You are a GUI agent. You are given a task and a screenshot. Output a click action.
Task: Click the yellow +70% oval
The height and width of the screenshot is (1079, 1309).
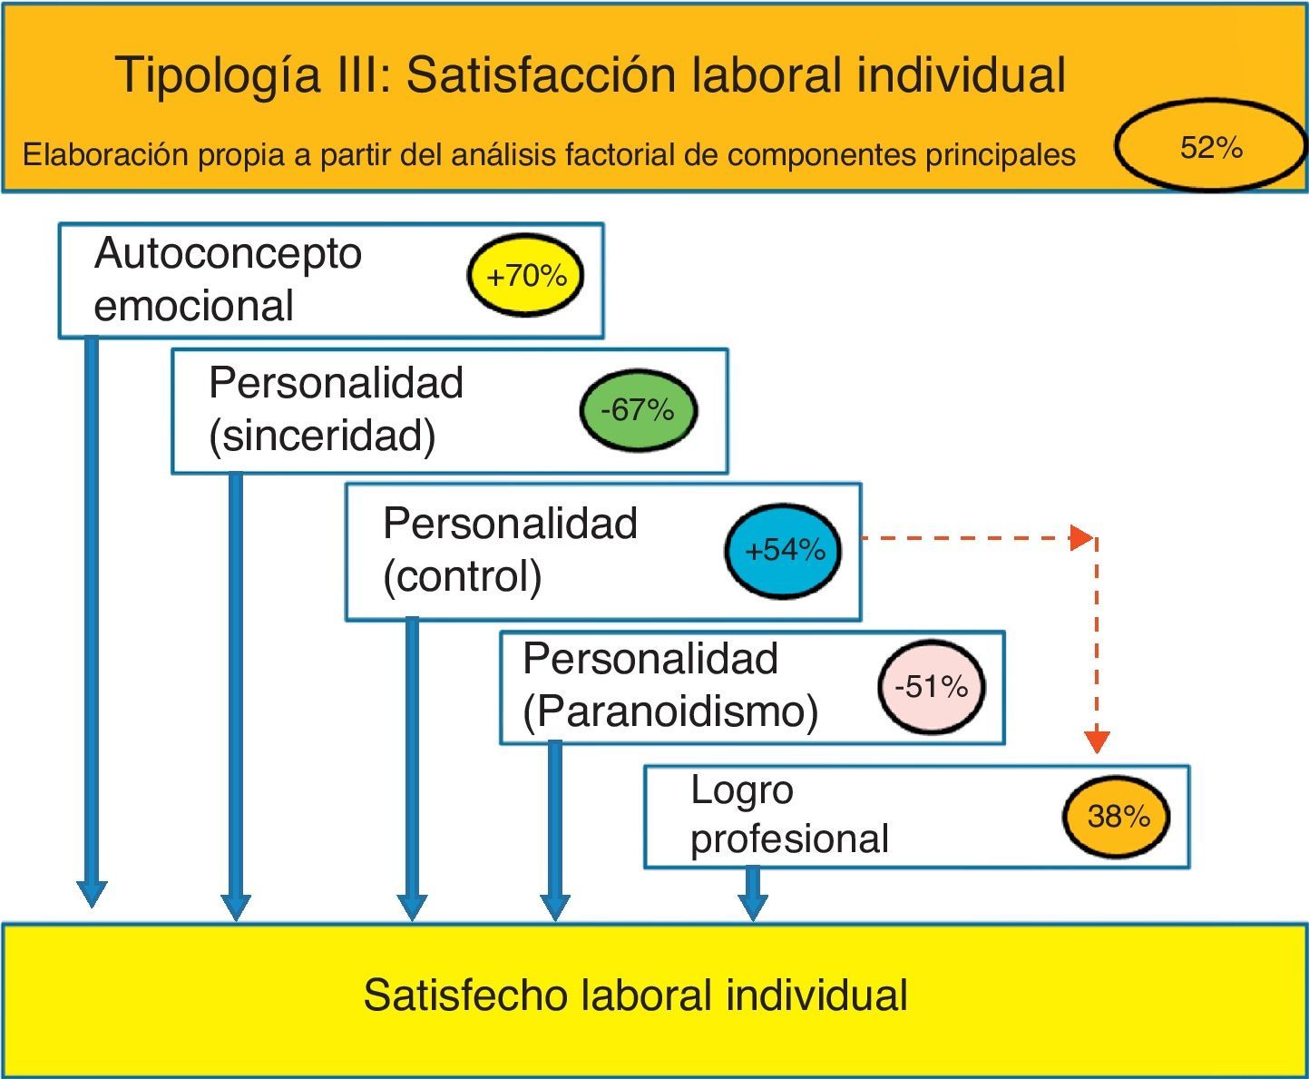525,276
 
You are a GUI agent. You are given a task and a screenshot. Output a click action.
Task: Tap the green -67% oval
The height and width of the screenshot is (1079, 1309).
639,410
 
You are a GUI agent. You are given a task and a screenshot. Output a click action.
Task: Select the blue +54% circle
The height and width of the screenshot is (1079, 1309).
783,550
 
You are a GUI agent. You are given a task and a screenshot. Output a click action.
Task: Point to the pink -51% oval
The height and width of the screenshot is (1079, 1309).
931,687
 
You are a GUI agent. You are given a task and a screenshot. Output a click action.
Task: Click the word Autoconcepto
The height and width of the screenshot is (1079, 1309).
228,253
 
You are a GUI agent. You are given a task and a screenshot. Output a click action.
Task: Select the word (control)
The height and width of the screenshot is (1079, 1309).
462,576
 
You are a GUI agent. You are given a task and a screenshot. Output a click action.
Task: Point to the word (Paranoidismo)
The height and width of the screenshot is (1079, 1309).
670,711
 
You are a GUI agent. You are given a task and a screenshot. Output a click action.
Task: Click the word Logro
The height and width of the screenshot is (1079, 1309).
741,790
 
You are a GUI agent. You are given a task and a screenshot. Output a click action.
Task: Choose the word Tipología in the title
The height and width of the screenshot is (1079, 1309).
218,75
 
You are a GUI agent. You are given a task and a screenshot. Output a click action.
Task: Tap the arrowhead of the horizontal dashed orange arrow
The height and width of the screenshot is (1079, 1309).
1081,537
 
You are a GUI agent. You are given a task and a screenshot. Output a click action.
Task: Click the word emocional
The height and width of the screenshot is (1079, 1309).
193,306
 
